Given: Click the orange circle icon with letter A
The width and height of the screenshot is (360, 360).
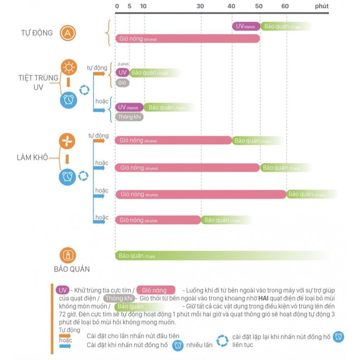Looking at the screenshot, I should click(68, 33).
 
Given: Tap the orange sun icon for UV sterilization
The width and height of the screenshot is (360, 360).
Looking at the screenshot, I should click(68, 68).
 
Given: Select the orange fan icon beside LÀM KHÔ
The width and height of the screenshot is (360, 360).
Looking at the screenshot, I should click(68, 141).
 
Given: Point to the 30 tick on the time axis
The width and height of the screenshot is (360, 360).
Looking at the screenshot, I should click(200, 7).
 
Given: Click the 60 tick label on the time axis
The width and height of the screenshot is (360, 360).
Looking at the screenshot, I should click(285, 7).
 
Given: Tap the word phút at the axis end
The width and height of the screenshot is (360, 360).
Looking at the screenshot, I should click(322, 7).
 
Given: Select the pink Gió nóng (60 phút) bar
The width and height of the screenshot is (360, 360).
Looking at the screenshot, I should click(201, 194).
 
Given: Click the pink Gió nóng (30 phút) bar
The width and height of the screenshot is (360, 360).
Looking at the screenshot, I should click(158, 220).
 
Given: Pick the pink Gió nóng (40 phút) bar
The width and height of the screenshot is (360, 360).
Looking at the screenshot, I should click(173, 140).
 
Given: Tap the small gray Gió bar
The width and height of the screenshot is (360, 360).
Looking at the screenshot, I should click(122, 83).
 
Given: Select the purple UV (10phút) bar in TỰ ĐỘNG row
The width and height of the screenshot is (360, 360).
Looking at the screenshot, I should click(246, 26).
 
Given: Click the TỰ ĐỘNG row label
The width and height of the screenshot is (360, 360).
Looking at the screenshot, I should click(37, 33).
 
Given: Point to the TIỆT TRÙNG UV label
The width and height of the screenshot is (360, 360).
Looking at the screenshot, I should click(38, 82).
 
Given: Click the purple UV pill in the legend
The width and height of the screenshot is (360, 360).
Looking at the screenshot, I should click(62, 290).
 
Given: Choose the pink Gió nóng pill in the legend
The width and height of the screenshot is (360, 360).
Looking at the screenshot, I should click(155, 290).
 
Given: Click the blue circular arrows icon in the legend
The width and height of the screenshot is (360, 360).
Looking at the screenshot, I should click(222, 340).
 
